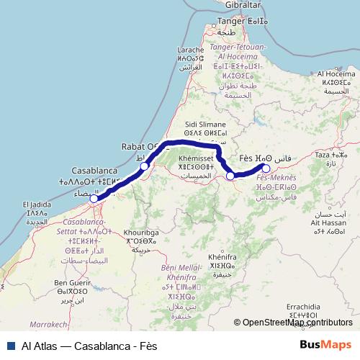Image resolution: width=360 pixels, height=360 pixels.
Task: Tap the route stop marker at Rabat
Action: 144,166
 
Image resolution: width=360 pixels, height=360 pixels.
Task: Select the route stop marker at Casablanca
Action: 94,197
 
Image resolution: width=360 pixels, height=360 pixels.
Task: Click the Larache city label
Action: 189,50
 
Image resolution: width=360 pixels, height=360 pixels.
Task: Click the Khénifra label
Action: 222,256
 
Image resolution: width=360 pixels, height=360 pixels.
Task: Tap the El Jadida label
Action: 37,204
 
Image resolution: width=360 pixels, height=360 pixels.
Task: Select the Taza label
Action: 328,155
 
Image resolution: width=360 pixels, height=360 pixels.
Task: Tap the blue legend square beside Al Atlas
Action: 10,345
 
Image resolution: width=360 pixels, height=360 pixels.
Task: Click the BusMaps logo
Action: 326,345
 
